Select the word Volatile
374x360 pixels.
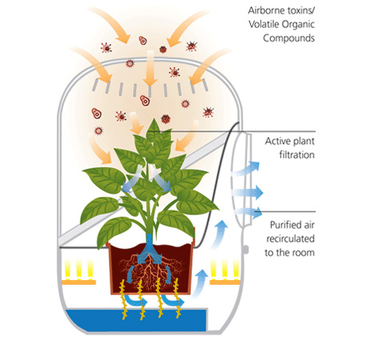264,25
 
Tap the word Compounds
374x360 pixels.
288,38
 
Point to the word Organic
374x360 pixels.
298,25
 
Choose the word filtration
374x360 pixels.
296,154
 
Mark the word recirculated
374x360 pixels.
291,238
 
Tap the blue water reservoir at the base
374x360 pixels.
136,319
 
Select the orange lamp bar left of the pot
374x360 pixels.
79,282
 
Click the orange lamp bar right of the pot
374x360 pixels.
225,282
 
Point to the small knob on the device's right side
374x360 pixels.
246,250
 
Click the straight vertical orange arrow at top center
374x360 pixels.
150,68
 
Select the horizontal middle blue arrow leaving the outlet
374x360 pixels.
247,192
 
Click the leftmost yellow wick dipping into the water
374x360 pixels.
123,299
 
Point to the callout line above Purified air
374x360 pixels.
285,212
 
